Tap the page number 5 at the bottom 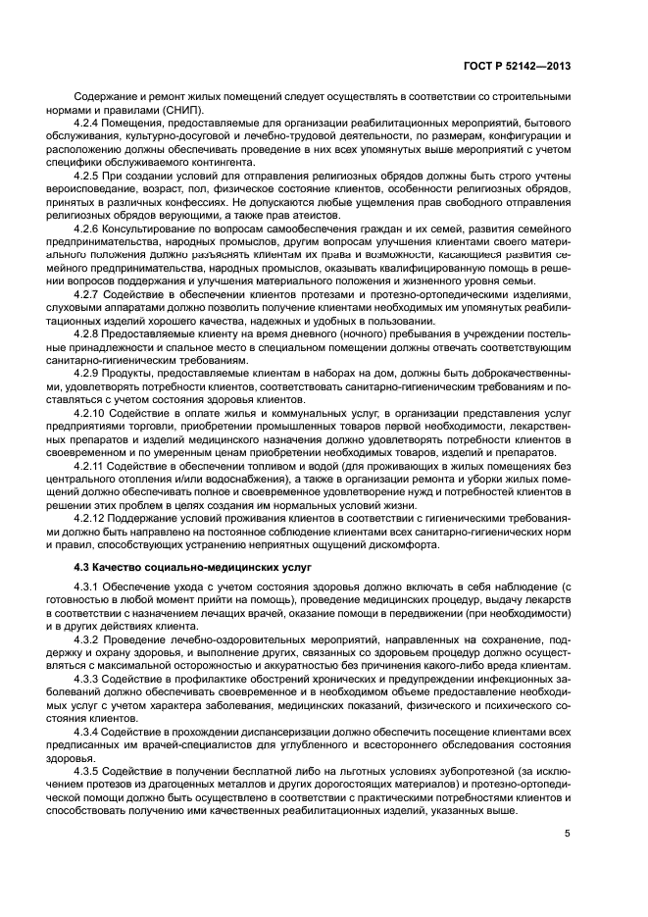click(568, 834)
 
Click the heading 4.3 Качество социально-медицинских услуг click(173, 568)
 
